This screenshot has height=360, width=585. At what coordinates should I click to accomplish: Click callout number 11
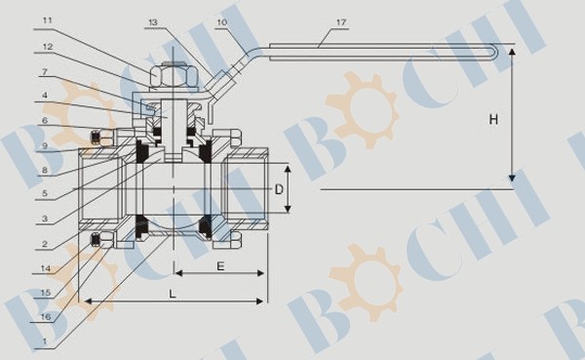(48, 20)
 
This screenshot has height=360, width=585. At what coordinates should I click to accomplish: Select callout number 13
(153, 22)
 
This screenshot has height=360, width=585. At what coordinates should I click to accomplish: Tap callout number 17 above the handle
(341, 22)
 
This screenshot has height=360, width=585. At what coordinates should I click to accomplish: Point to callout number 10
(221, 22)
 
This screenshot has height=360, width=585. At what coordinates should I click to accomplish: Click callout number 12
(48, 47)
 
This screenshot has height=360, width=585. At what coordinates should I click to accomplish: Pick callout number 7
(45, 71)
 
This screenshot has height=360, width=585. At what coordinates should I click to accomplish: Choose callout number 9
(45, 145)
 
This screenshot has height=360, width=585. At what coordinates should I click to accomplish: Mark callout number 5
(45, 193)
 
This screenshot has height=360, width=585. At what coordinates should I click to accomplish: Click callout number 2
(45, 244)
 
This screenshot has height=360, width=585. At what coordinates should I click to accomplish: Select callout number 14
(46, 268)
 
